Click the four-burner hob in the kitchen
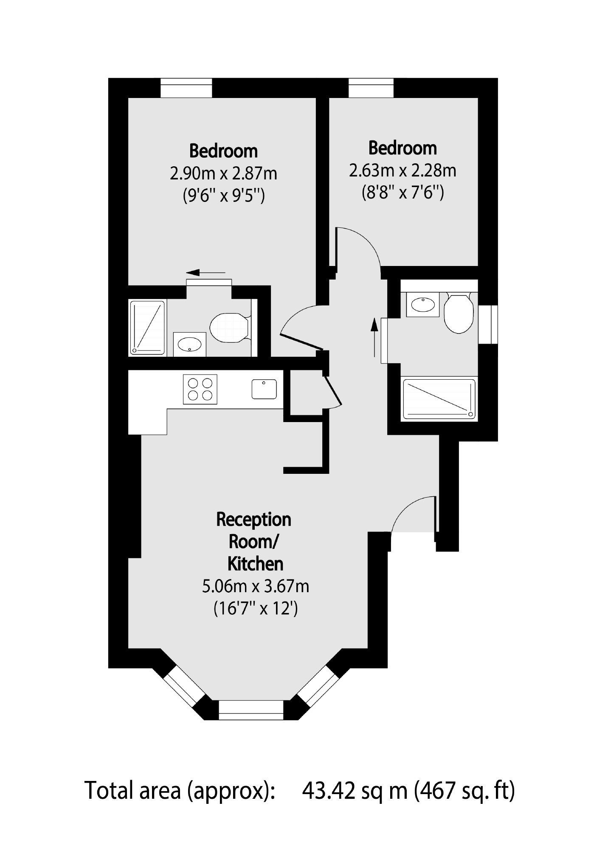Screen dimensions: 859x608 click(x=200, y=389)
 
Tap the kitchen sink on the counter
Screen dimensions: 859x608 click(x=264, y=389)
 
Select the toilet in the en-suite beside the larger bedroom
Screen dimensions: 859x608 click(x=228, y=328)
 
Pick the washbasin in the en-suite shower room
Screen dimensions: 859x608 click(x=189, y=345)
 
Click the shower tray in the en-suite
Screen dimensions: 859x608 click(x=147, y=327)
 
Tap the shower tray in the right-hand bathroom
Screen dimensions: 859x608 click(x=439, y=399)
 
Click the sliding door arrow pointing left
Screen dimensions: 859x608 click(x=205, y=272)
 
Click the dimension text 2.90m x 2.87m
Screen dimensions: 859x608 click(x=223, y=173)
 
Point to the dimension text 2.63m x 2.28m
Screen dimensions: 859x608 click(x=402, y=171)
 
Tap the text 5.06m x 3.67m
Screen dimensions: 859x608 click(x=255, y=586)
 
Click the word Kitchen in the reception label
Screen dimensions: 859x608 click(x=255, y=564)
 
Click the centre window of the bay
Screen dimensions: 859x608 click(x=251, y=710)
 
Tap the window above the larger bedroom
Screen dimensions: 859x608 click(x=186, y=88)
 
